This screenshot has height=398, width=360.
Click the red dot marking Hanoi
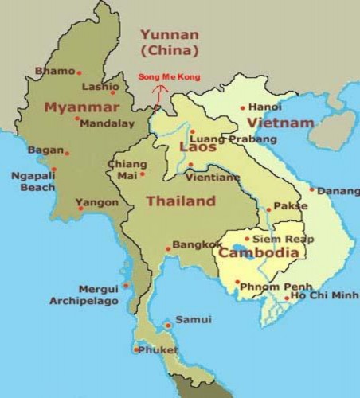click(243, 108)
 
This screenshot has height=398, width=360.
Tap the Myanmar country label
click(75, 107)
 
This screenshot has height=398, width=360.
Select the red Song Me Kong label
click(169, 77)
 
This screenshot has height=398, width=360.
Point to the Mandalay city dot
click(77, 119)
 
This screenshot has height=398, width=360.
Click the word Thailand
click(180, 201)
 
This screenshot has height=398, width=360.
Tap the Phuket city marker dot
click(137, 349)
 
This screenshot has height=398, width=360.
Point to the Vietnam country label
click(280, 123)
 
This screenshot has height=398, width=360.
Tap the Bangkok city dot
click(168, 248)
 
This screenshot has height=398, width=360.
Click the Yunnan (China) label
click(168, 41)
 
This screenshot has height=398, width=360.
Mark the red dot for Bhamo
click(79, 72)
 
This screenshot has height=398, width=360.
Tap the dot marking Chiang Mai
click(143, 174)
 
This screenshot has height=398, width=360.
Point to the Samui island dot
click(167, 324)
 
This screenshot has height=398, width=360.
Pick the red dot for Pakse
click(268, 210)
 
